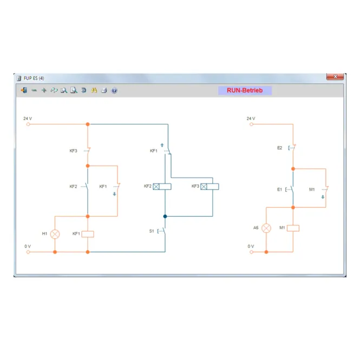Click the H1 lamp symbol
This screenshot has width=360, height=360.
[55, 234]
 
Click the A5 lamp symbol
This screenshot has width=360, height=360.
[266, 228]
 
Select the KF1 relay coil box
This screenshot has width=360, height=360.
[88, 234]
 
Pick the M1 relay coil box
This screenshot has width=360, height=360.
[293, 228]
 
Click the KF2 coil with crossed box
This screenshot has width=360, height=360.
[162, 186]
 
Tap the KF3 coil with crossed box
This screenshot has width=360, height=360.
[210, 186]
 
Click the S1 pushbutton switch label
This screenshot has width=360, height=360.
[152, 231]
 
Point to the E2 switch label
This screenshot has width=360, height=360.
[279, 148]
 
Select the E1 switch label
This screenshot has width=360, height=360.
[279, 189]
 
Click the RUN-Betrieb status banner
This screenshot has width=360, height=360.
[245, 90]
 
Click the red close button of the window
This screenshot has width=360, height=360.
[335, 76]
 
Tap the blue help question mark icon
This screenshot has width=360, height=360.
[114, 90]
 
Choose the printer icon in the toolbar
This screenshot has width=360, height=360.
[104, 90]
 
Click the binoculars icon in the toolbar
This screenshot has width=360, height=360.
[94, 90]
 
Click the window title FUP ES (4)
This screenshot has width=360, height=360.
[34, 78]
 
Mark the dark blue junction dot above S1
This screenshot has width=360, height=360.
[165, 217]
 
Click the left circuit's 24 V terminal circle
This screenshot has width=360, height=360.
[28, 124]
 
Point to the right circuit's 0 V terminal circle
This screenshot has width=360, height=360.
[251, 252]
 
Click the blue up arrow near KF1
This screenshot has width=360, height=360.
[162, 145]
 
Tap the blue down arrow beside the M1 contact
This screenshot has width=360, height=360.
[323, 197]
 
